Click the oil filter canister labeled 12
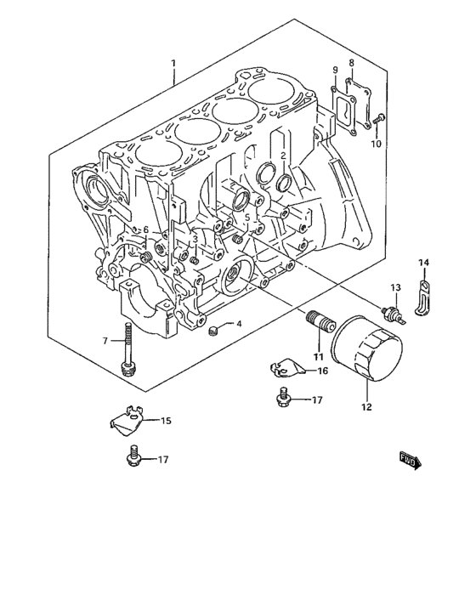pos(369,349)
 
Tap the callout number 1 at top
pos(173,64)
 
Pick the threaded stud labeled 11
pos(318,324)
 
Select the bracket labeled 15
pos(127,417)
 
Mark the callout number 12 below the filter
pos(367,405)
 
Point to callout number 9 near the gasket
pos(335,70)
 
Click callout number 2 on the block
pos(282,155)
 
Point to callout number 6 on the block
pos(145,230)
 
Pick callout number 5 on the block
pos(247,218)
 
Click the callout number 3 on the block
pos(195,239)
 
